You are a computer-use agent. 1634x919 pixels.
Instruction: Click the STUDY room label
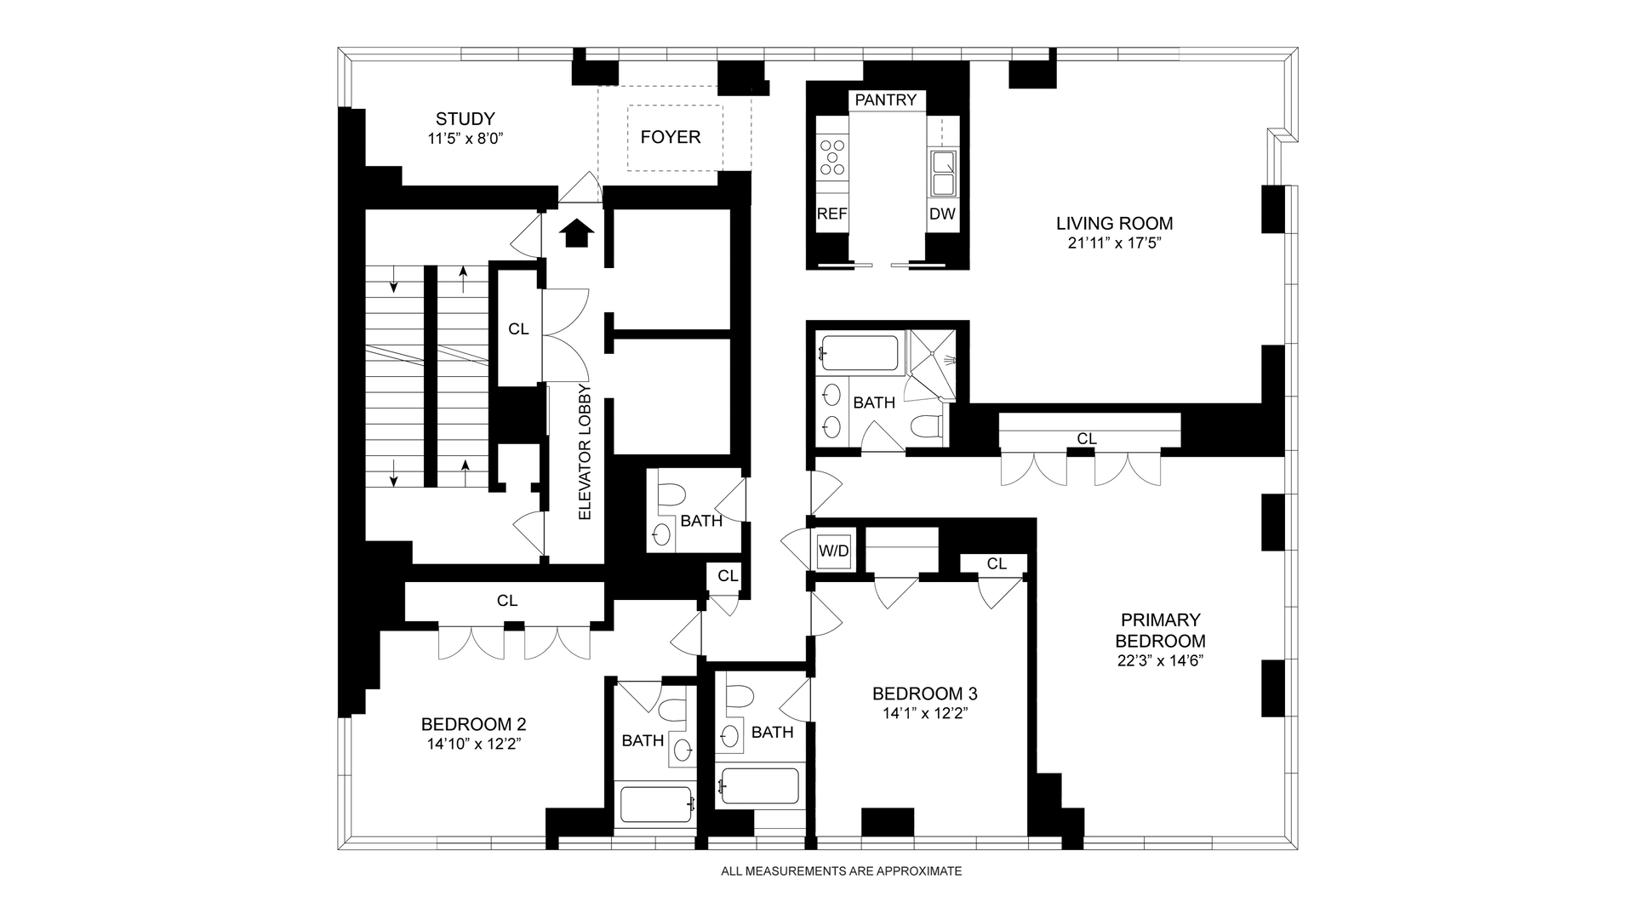(x=465, y=119)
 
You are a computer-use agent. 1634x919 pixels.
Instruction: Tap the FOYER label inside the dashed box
(x=671, y=137)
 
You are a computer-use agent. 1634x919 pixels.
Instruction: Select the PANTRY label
(x=886, y=100)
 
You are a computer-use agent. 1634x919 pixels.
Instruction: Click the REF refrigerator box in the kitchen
(x=831, y=214)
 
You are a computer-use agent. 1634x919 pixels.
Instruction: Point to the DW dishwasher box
(x=942, y=214)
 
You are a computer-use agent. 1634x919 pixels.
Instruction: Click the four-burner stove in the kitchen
(x=832, y=157)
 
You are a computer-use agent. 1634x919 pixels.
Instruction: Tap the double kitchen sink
(x=943, y=173)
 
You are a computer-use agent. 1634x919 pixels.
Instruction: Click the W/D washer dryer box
(x=834, y=551)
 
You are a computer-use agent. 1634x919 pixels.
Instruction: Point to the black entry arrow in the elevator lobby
(x=577, y=232)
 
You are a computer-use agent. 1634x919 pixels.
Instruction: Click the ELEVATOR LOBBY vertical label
(x=585, y=453)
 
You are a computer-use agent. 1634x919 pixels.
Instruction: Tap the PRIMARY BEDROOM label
(x=1161, y=631)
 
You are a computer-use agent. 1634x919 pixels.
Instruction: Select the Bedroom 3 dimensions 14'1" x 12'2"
(x=924, y=713)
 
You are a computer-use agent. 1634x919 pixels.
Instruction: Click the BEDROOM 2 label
(x=474, y=724)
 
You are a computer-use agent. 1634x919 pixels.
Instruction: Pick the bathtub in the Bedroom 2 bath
(x=656, y=804)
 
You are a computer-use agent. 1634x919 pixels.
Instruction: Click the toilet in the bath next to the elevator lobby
(x=672, y=495)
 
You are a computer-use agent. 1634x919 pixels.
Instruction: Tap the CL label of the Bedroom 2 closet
(x=507, y=601)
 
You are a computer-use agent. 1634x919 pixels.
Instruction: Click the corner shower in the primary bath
(x=933, y=364)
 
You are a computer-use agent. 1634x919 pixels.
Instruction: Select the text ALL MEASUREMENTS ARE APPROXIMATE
(x=841, y=871)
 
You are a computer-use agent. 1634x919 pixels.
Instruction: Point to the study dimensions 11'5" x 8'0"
(x=466, y=139)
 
